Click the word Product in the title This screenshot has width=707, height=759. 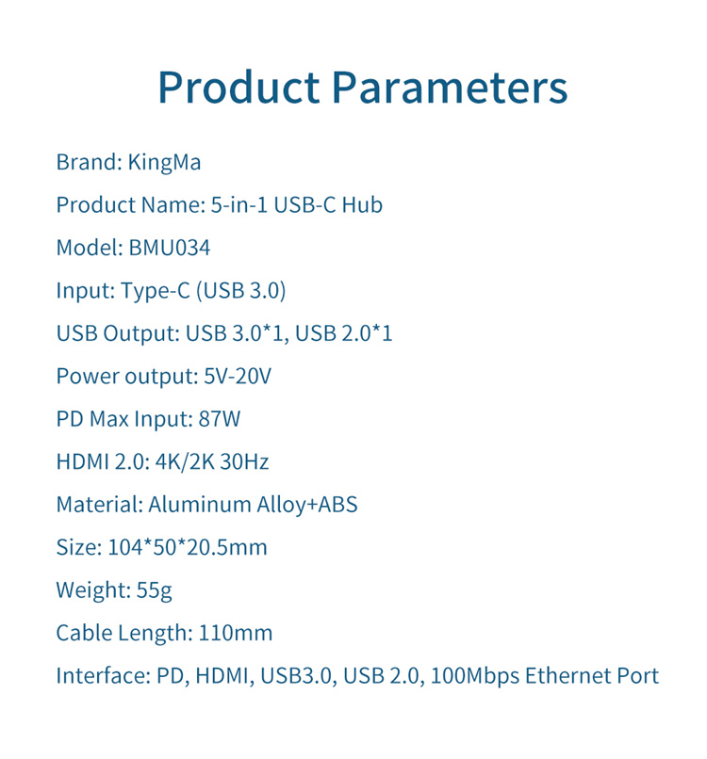(238, 88)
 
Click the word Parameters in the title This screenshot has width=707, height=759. (450, 88)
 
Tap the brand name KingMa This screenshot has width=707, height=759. (164, 162)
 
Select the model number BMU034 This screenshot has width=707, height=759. (169, 248)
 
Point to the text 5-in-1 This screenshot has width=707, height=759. (238, 204)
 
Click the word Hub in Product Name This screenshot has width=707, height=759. (363, 204)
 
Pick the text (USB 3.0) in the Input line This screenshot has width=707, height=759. (241, 291)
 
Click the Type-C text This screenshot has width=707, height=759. (155, 291)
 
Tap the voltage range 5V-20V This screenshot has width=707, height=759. (237, 376)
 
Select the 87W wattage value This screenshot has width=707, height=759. (219, 419)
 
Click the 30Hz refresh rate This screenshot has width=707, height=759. (244, 461)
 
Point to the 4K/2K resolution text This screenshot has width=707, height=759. (185, 461)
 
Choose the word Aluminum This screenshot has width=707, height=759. (200, 505)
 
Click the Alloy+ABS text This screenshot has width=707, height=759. (307, 505)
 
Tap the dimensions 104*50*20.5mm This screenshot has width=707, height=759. (188, 547)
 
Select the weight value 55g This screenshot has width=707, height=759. (154, 590)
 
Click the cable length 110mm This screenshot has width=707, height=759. (236, 633)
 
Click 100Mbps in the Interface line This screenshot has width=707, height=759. (475, 676)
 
